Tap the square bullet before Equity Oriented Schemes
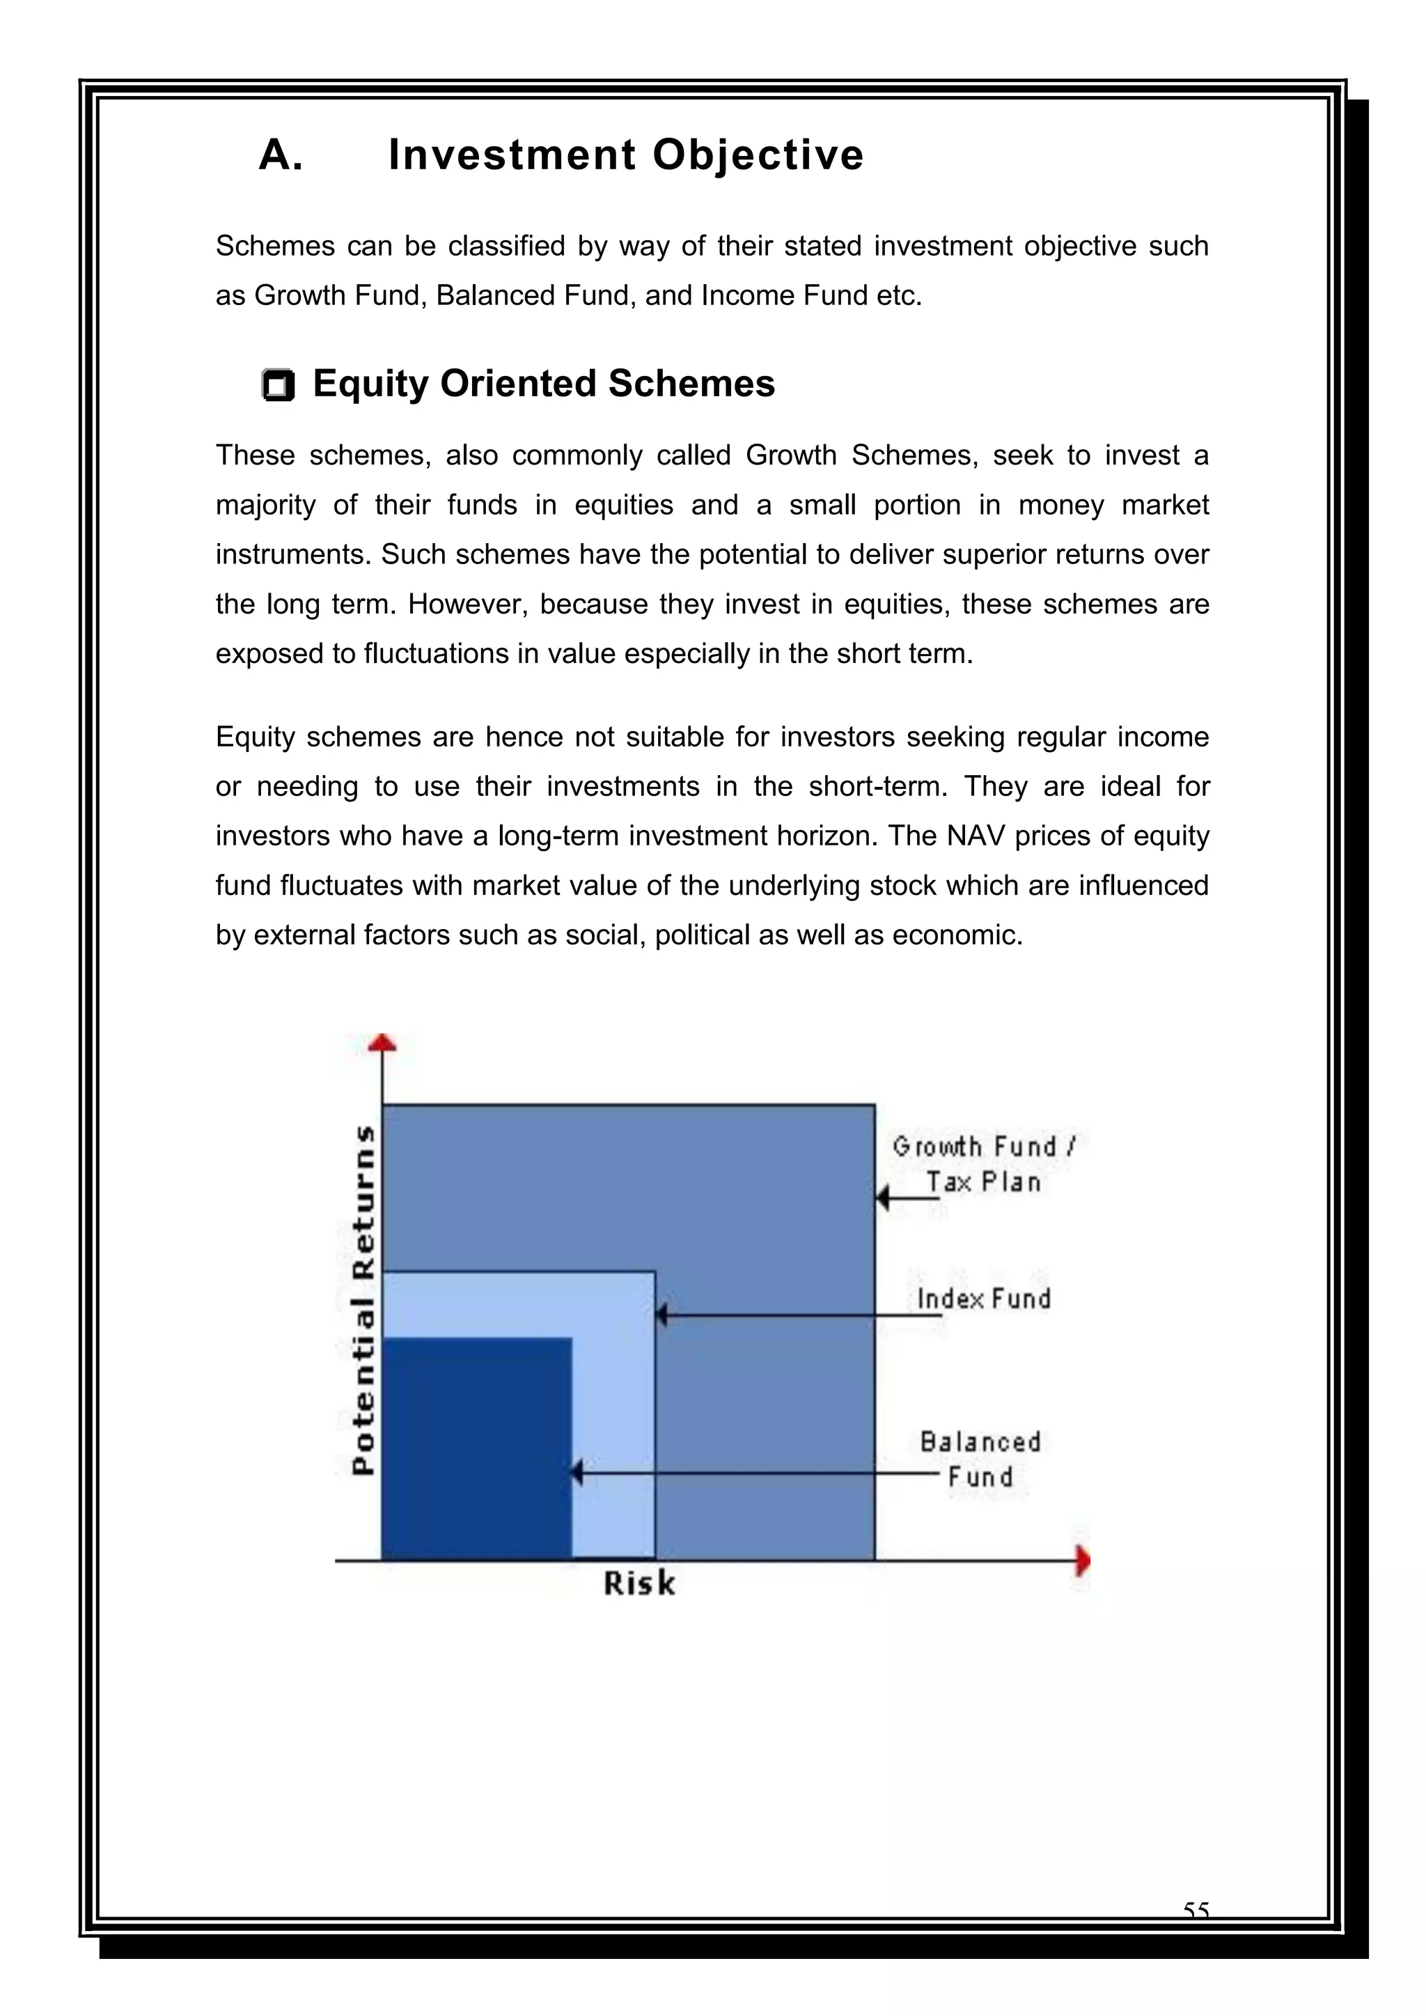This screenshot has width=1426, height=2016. coord(279,386)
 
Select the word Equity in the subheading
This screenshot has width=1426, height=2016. coord(370,384)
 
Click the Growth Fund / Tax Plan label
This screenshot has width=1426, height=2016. coord(983,1164)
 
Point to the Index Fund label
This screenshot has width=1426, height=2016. coord(983,1299)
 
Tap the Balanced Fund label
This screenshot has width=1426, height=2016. coord(980,1458)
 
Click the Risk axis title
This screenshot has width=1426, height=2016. coord(639,1583)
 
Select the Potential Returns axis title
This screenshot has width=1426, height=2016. coord(363,1299)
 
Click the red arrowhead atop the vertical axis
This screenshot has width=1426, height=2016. coord(382,1042)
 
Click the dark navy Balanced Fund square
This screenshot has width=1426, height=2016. coord(477,1448)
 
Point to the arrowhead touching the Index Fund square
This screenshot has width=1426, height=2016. coord(662,1315)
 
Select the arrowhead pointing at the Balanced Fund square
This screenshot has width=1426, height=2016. coord(577,1473)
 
